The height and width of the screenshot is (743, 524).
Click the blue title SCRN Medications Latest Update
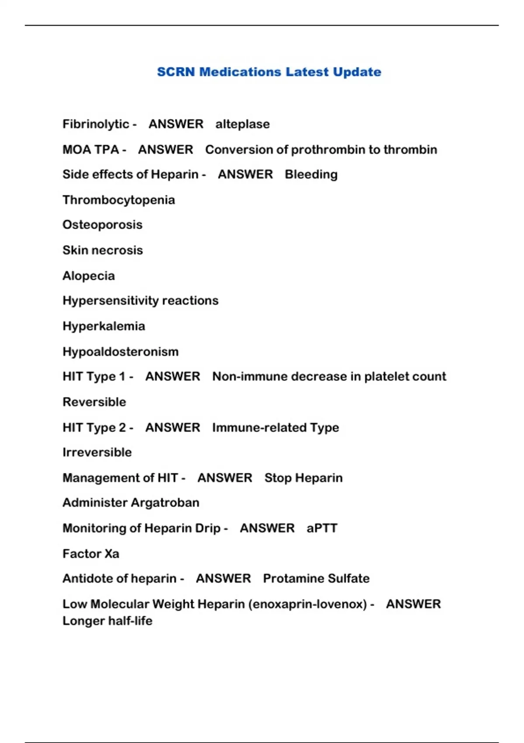tap(269, 72)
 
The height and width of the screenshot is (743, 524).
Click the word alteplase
tap(242, 124)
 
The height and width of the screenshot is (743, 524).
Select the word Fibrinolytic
tap(96, 124)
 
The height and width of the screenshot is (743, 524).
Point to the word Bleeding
tap(311, 174)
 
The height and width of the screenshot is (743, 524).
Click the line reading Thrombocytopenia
tap(119, 200)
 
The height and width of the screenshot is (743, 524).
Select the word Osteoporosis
tap(103, 225)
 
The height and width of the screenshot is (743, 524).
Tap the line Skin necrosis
tap(103, 250)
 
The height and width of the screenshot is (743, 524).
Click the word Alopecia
tap(89, 276)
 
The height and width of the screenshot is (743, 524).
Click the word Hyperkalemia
tap(103, 326)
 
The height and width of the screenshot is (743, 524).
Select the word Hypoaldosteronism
tap(121, 351)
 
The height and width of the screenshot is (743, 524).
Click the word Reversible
tap(94, 402)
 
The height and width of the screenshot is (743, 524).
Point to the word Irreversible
tap(97, 452)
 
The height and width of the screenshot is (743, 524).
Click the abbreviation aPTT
tap(322, 528)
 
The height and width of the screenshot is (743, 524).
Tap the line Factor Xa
tap(91, 554)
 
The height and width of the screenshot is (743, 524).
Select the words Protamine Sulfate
tap(316, 578)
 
